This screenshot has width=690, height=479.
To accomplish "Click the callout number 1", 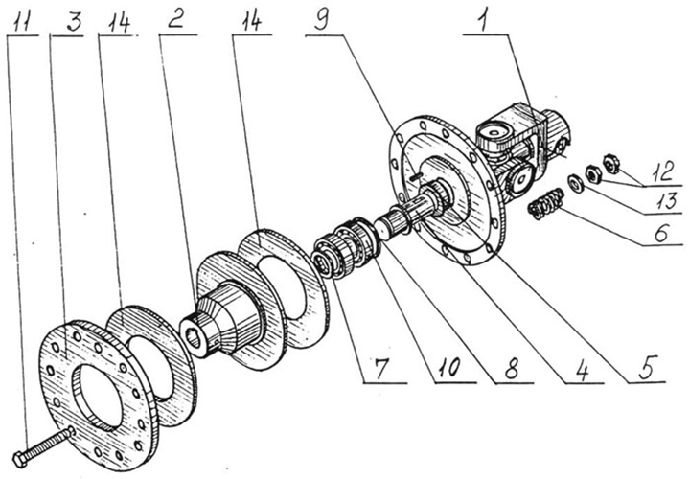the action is click(x=484, y=21).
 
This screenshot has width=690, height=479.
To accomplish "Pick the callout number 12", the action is click(x=663, y=171).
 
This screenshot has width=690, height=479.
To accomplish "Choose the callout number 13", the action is click(x=667, y=201).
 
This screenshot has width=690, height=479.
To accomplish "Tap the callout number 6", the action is click(x=662, y=232).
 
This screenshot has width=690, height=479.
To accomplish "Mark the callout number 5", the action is click(x=648, y=367).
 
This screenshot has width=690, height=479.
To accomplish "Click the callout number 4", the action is click(x=582, y=372).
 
